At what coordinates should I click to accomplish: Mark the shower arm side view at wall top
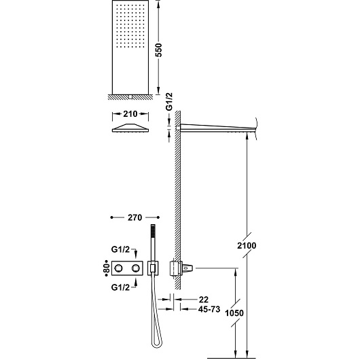point(217,128)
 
